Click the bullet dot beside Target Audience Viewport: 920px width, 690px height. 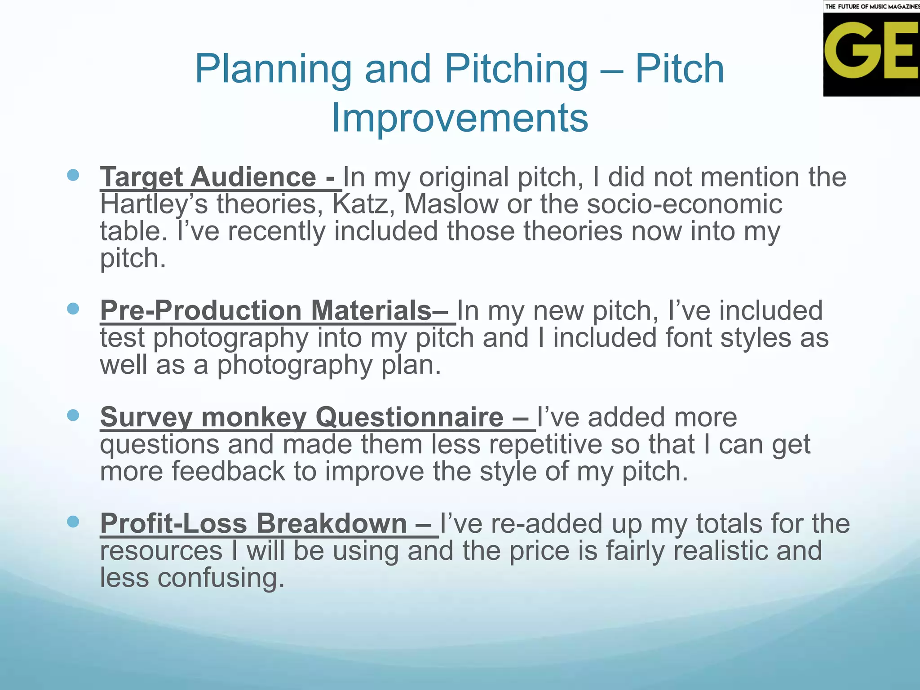pyautogui.click(x=73, y=175)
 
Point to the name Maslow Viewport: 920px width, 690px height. pyautogui.click(x=451, y=204)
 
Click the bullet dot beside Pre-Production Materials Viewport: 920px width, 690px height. pyautogui.click(x=73, y=309)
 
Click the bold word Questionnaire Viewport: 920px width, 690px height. pyautogui.click(x=409, y=417)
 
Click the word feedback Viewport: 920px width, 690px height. pyautogui.click(x=228, y=471)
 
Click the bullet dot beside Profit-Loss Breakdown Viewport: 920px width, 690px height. pyautogui.click(x=73, y=522)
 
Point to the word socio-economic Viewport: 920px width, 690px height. pyautogui.click(x=684, y=204)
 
